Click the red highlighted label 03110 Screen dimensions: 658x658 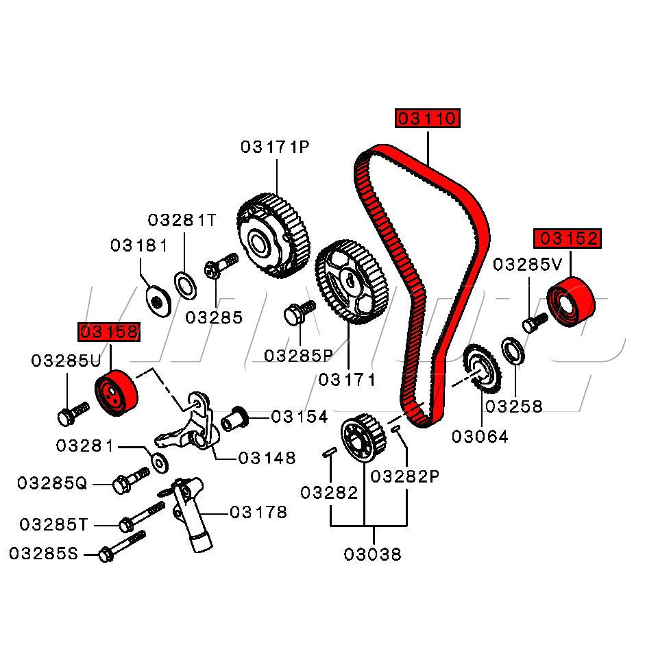(x=427, y=119)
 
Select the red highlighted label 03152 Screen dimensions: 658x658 (x=568, y=239)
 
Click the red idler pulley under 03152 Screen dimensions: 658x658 (x=570, y=302)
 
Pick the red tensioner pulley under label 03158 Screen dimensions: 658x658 (x=116, y=393)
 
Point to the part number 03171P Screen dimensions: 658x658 (x=275, y=147)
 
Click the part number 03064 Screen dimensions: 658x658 (x=480, y=437)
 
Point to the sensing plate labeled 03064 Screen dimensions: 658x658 (x=483, y=370)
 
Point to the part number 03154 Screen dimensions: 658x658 (x=300, y=417)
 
